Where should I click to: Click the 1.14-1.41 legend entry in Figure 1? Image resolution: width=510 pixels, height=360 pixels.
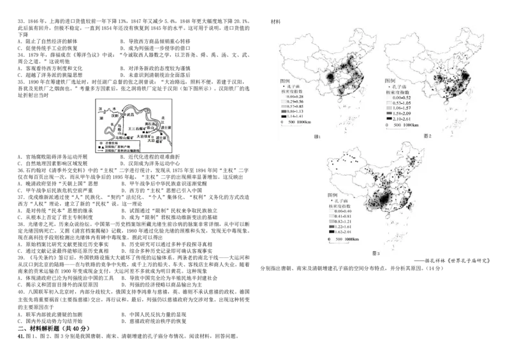292,117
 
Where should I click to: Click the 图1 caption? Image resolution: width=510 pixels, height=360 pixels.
317,136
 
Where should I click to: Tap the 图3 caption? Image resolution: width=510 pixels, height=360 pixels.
375,253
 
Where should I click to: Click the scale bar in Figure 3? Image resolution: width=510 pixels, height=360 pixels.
344,240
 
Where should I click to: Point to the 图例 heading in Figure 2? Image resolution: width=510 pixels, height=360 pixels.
391,81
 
